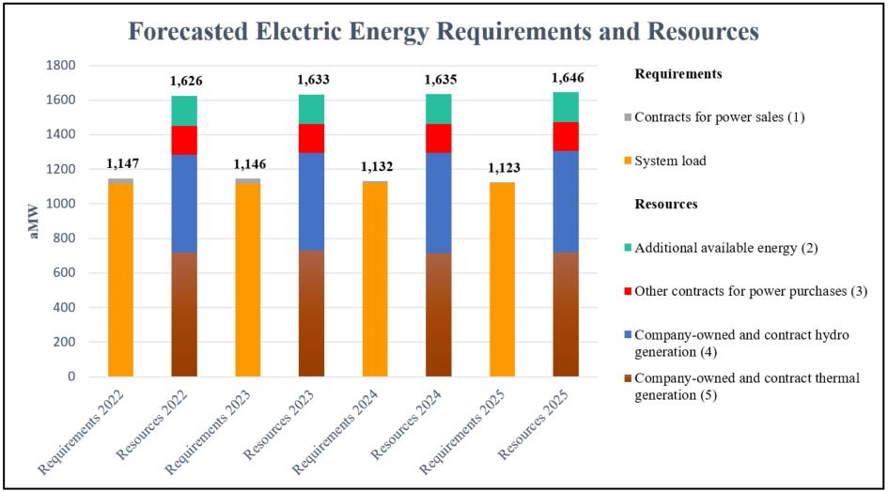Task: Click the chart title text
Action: pyautogui.click(x=443, y=31)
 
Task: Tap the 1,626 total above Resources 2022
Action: pyautogui.click(x=185, y=81)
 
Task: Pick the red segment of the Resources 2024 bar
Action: pyautogui.click(x=439, y=138)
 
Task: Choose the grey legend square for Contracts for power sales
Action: pyautogui.click(x=627, y=117)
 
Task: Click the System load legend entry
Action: pyautogui.click(x=670, y=161)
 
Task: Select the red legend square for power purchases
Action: pyautogui.click(x=627, y=291)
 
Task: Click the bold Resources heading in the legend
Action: pyautogui.click(x=665, y=204)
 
